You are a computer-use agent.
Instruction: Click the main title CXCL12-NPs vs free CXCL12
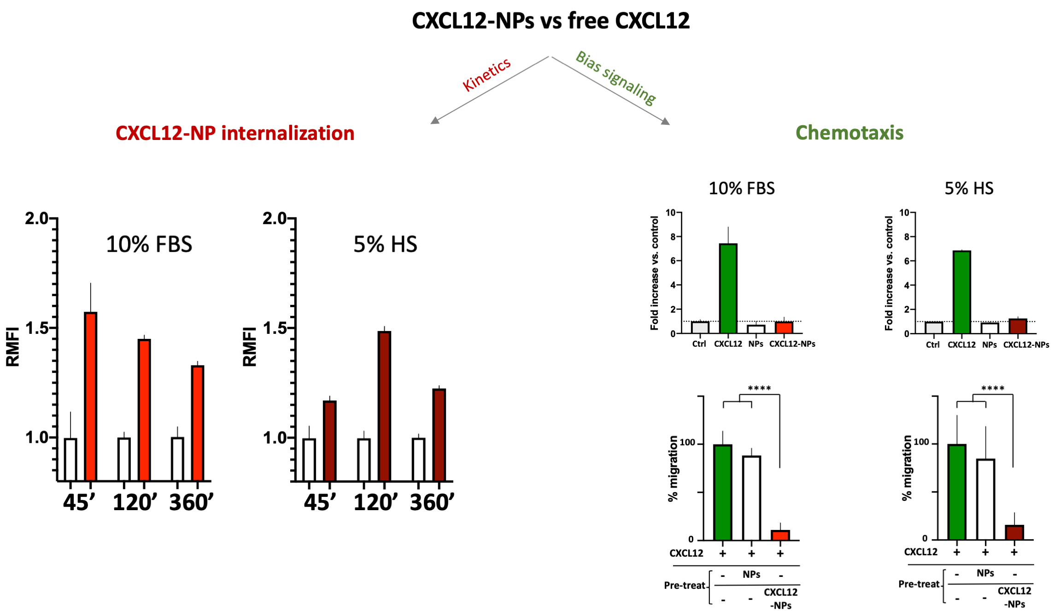pos(550,21)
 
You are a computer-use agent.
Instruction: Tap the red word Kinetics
pos(486,74)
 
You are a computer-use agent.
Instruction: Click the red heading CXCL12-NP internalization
pos(235,133)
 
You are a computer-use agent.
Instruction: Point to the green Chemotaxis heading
pos(849,133)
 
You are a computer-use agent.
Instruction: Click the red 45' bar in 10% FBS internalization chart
pos(90,396)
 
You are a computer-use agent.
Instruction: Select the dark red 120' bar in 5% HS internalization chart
pos(384,405)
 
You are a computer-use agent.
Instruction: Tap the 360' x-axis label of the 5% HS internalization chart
pos(432,502)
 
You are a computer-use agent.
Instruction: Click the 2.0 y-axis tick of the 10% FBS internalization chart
pos(37,218)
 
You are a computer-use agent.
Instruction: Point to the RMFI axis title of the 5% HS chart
pos(249,346)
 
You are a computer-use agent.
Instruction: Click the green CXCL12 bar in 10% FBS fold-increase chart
pos(728,288)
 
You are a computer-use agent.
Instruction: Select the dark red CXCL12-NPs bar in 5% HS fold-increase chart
pos(1018,326)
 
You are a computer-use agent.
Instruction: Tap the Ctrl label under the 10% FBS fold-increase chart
pos(699,344)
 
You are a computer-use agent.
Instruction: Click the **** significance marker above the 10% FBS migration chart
pos(759,389)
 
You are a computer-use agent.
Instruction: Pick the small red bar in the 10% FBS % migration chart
pos(780,535)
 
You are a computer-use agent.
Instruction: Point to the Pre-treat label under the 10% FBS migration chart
pos(685,585)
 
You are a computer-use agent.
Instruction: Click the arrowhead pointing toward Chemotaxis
pos(666,122)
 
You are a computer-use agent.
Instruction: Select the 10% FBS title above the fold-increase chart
pos(741,188)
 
